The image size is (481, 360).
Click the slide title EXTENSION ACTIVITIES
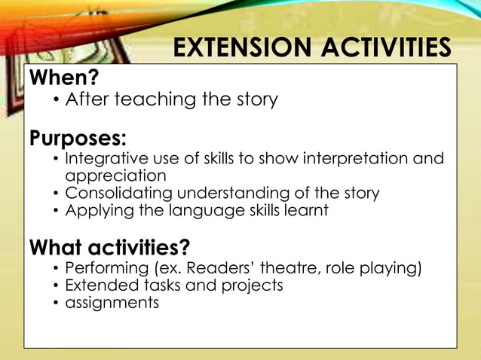[x=311, y=47]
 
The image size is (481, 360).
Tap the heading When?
[x=64, y=78]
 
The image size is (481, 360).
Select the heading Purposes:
[x=78, y=139]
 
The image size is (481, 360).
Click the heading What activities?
[x=109, y=247]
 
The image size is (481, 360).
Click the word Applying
[x=96, y=210]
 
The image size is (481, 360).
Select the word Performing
[x=106, y=268]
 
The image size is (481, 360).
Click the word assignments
[x=112, y=303]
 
